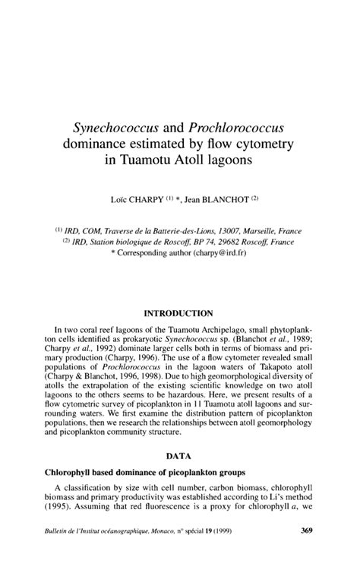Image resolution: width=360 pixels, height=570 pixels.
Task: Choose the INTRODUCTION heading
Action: (179, 312)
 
